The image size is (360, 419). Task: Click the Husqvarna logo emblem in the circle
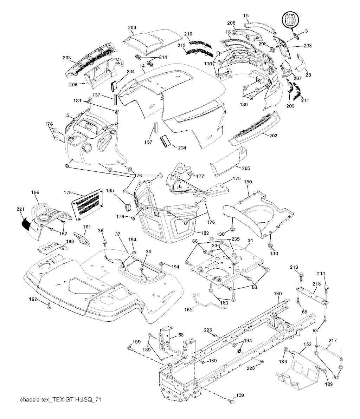(290, 19)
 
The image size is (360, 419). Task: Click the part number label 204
(132, 28)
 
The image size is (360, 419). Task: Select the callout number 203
(67, 58)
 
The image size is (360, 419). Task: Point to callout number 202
(273, 136)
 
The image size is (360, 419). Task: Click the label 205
(246, 168)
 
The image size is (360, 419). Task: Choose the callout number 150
(248, 183)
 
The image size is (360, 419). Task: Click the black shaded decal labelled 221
(26, 223)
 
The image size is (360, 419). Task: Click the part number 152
(307, 344)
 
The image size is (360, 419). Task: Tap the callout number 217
(333, 340)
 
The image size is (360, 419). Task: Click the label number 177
(200, 176)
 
